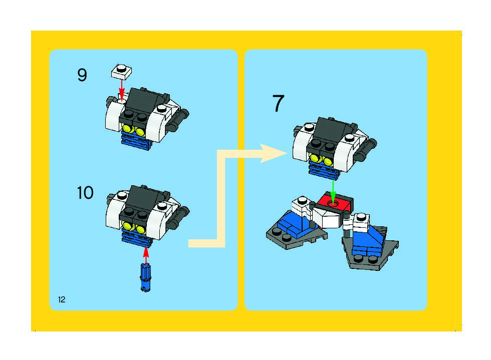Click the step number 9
82,75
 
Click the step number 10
85,193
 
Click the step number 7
278,103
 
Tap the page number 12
62,299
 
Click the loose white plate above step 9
121,72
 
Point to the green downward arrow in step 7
333,192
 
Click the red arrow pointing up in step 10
146,256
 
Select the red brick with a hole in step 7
336,203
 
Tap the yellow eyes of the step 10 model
135,228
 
